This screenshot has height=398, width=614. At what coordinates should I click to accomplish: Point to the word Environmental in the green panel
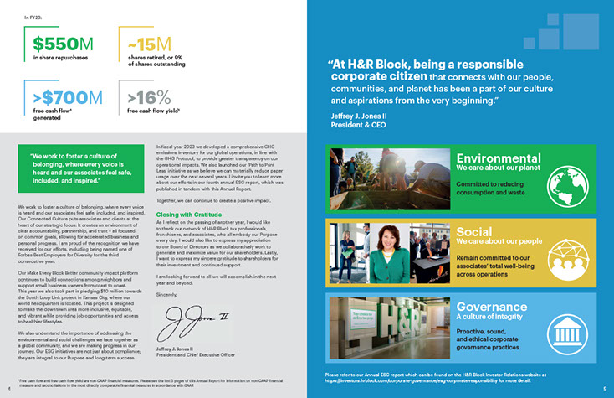point(499,158)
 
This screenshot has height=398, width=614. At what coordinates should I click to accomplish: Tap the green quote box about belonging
point(78,167)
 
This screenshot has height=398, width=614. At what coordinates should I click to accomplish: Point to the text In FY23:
point(34,16)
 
